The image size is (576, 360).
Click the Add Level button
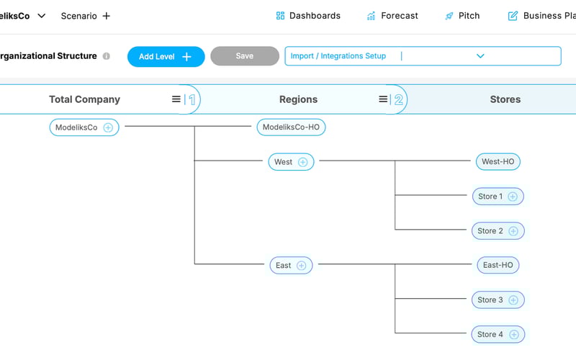click(x=166, y=57)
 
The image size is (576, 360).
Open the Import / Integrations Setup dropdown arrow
click(x=480, y=56)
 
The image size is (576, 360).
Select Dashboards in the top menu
click(x=308, y=16)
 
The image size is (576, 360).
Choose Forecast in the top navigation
click(x=392, y=16)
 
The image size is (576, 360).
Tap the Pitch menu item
click(x=462, y=16)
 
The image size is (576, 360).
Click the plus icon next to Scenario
click(x=107, y=16)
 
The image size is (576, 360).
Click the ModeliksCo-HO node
click(x=291, y=127)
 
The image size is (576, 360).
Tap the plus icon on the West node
click(x=302, y=162)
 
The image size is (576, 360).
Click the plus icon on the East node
click(x=301, y=266)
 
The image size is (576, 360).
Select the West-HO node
click(x=498, y=162)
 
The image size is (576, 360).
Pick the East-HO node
click(x=498, y=265)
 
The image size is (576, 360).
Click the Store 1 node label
click(x=490, y=197)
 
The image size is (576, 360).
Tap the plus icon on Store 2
click(x=513, y=231)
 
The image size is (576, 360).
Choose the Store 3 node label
click(x=490, y=300)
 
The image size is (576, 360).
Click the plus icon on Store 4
click(x=513, y=334)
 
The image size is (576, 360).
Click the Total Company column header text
click(x=84, y=100)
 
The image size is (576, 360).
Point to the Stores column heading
click(x=505, y=100)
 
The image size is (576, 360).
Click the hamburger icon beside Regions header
click(x=383, y=99)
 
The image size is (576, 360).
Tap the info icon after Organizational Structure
click(x=107, y=56)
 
